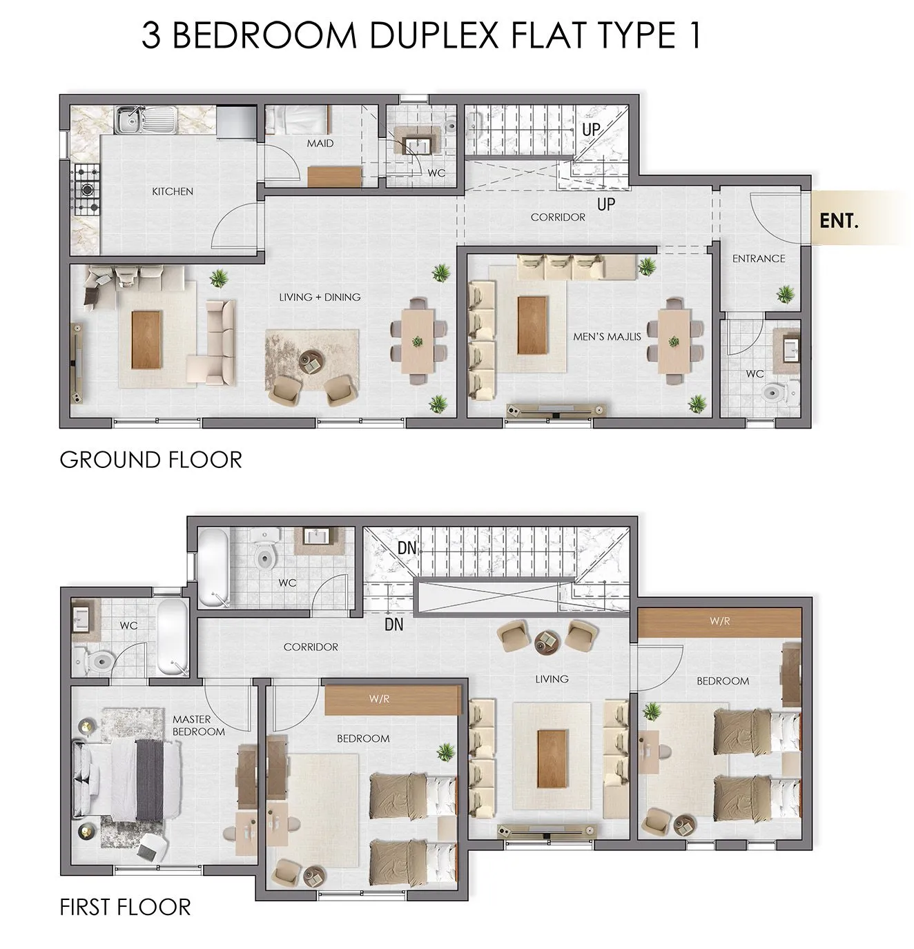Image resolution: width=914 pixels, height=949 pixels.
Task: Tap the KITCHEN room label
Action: click(x=172, y=192)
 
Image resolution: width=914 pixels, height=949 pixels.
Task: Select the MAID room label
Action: click(x=320, y=144)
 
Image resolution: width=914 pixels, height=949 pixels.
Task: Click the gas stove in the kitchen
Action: click(x=87, y=190)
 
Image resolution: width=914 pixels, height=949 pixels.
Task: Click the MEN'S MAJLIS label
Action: click(x=607, y=337)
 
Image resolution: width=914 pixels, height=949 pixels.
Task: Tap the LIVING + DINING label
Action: click(x=320, y=297)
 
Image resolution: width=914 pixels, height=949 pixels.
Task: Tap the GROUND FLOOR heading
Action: click(x=150, y=460)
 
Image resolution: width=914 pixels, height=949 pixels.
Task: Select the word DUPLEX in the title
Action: click(x=428, y=35)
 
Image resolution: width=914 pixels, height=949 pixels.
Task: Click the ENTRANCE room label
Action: click(x=759, y=259)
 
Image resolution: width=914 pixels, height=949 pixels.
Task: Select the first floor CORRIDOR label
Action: click(x=311, y=647)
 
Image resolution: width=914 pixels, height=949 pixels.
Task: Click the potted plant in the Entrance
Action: click(x=785, y=294)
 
